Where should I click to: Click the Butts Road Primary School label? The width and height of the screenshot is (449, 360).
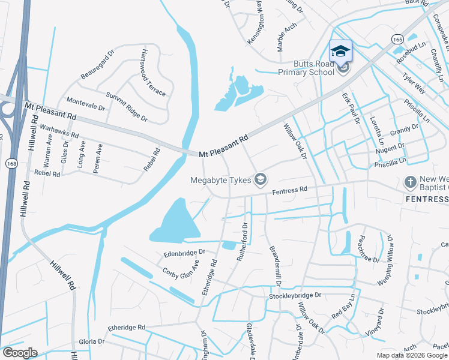pos(313,68)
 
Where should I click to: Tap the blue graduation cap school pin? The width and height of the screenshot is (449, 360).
pos(340,51)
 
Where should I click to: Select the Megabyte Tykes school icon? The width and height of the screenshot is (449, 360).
pos(261,179)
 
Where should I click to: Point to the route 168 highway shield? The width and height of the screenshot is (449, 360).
pos(10,164)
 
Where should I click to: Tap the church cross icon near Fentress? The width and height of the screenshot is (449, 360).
pos(411,181)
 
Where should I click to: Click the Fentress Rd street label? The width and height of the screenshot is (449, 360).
pos(289,190)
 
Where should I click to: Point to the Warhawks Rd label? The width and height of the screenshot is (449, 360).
pos(58,131)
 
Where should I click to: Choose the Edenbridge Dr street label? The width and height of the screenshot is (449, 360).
pos(184,254)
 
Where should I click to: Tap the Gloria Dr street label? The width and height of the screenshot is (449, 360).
pos(91,341)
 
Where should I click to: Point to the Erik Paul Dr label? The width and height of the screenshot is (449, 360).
pos(350,107)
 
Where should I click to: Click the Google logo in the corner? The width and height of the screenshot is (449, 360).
pos(20,352)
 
